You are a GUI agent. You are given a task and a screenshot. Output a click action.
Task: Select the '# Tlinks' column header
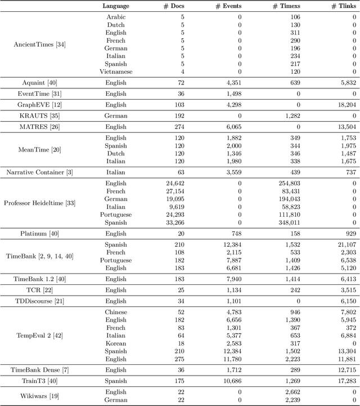coord(341,6)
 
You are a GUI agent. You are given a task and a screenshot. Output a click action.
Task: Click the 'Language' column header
coord(116,6)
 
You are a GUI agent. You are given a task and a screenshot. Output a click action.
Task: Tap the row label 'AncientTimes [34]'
coord(39,44)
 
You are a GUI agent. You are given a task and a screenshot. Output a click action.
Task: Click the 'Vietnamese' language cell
coord(116,72)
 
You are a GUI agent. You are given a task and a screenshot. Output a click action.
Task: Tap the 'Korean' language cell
coord(116,343)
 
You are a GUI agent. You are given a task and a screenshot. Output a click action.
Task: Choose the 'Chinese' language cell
coord(116,312)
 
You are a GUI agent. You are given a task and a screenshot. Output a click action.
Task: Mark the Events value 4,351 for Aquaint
coord(230,83)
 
